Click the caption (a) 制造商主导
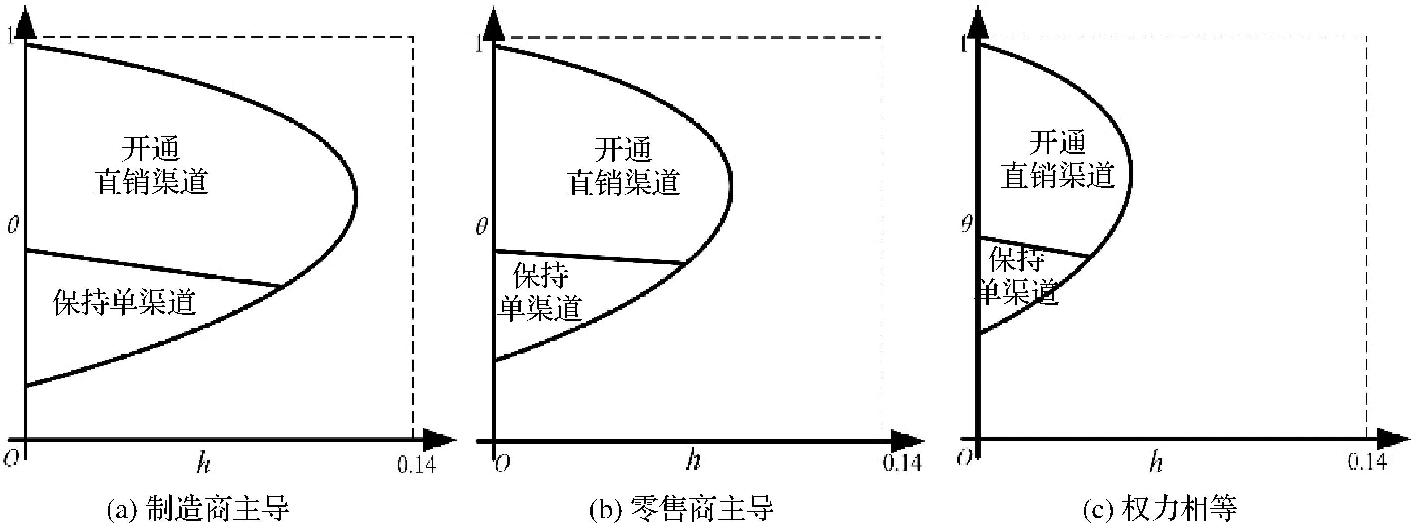pyautogui.click(x=197, y=508)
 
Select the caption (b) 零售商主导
pyautogui.click(x=681, y=508)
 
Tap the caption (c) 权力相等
pyautogui.click(x=1160, y=508)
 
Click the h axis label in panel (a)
pyautogui.click(x=203, y=464)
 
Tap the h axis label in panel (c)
pyautogui.click(x=1156, y=462)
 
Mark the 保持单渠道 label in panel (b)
pyautogui.click(x=540, y=292)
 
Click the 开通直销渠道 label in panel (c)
pyautogui.click(x=1058, y=159)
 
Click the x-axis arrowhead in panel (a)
pyautogui.click(x=438, y=440)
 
